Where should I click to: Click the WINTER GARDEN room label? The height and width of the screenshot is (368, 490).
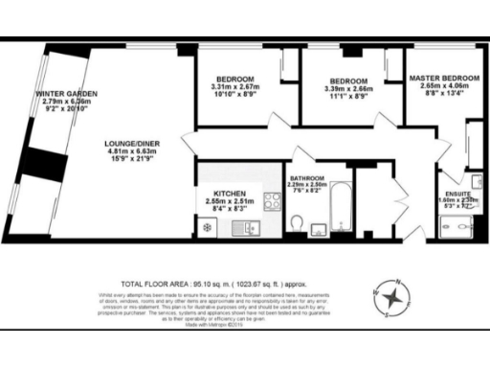[63, 93]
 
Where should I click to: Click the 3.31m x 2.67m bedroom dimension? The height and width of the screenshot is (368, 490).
[235, 86]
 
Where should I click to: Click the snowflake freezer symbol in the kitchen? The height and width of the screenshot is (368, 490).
[206, 227]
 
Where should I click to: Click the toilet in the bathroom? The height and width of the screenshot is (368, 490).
[299, 224]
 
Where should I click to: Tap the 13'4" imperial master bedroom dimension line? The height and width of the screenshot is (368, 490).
[441, 93]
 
